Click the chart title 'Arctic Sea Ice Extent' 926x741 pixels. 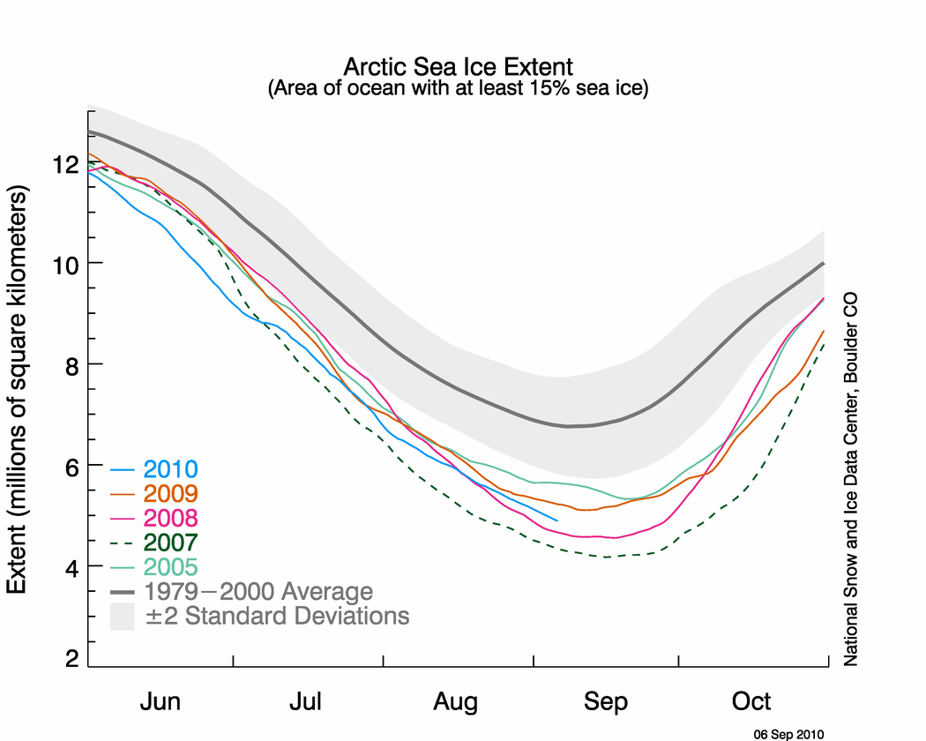pos(458,67)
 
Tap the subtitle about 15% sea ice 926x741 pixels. pos(458,89)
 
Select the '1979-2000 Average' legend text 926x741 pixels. pos(259,591)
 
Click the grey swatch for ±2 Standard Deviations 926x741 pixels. pos(122,616)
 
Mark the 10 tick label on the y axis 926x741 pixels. pos(63,264)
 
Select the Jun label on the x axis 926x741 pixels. pos(161,702)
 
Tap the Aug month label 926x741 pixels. pos(456,702)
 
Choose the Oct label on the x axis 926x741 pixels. pos(751,702)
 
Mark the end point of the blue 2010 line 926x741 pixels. pos(556,520)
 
